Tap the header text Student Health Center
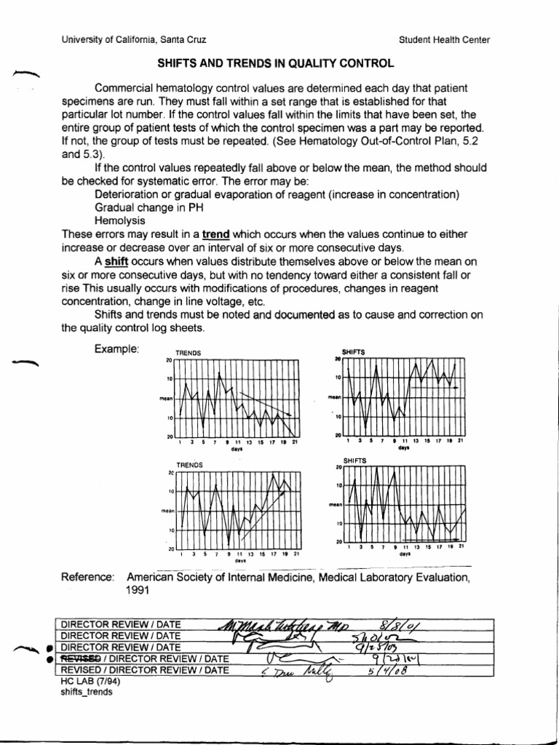pyautogui.click(x=445, y=39)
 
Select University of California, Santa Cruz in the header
pyautogui.click(x=138, y=39)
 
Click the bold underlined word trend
pyautogui.click(x=216, y=234)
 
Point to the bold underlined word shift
pyautogui.click(x=116, y=260)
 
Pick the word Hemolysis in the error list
pyautogui.click(x=120, y=220)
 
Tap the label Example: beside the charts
pyautogui.click(x=116, y=349)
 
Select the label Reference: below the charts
pyautogui.click(x=88, y=577)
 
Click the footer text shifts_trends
pyautogui.click(x=86, y=693)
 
